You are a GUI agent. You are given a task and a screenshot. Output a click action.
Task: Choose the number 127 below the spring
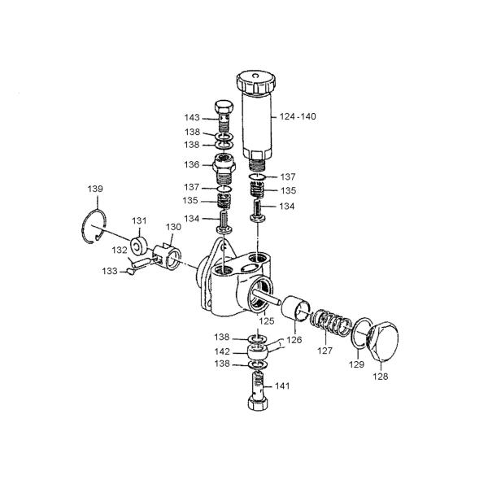325,352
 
